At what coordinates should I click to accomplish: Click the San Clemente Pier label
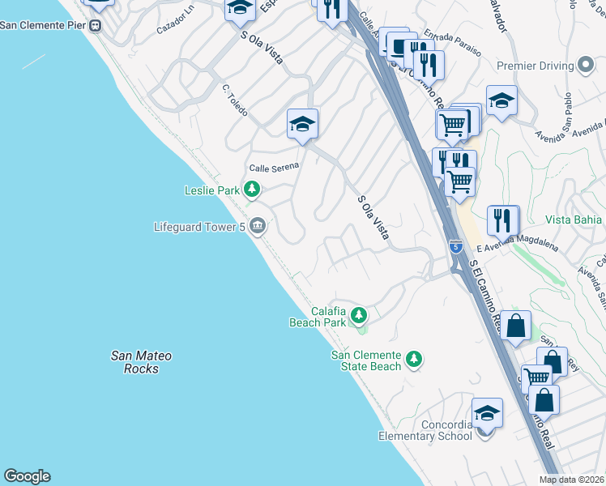44,24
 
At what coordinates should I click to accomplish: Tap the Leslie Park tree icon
253,190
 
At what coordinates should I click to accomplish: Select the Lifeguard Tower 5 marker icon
258,226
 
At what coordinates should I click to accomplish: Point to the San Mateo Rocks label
142,362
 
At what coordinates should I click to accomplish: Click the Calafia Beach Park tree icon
358,314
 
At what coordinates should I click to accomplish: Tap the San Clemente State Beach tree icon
414,358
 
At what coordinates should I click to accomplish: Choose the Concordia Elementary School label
425,430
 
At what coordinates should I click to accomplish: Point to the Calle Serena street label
274,167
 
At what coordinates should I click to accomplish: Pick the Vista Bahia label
574,220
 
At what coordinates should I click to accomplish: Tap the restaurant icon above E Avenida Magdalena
502,220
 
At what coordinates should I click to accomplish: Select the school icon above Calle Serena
302,124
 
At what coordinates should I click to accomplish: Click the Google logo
27,476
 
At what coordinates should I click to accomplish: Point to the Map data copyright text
572,480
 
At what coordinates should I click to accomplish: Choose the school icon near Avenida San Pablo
502,100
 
